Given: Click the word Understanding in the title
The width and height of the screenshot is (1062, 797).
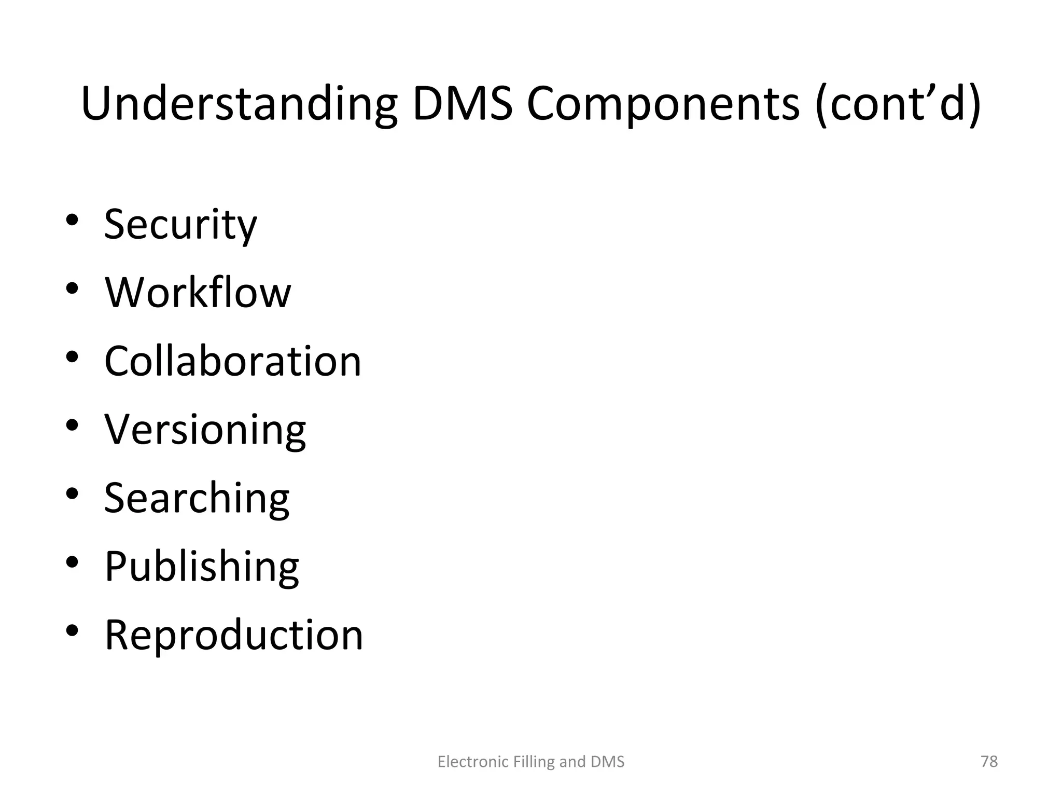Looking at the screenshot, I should [x=239, y=104].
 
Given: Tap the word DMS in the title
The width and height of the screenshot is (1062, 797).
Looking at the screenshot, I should [x=463, y=104].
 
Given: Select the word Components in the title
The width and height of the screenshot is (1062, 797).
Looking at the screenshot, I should [x=663, y=104].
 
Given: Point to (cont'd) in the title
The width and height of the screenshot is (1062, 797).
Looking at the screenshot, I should [x=898, y=104].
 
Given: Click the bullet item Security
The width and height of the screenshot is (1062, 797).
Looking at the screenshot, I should [x=180, y=224].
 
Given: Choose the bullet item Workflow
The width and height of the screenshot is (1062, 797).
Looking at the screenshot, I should [x=198, y=293].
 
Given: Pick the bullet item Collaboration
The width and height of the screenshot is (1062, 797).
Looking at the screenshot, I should [x=233, y=361].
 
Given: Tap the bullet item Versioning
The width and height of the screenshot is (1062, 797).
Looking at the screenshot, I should [x=205, y=430].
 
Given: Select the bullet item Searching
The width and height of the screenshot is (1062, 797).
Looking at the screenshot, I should [x=197, y=498].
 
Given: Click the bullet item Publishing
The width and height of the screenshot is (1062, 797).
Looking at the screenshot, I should [x=202, y=566].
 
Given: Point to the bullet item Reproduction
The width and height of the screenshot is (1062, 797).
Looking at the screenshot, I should [x=234, y=635].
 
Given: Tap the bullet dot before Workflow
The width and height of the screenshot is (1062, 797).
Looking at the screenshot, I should [x=72, y=288].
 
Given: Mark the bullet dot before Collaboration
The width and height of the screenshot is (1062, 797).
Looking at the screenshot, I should [x=72, y=357].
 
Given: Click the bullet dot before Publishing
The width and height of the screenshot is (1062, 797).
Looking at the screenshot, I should [x=72, y=562].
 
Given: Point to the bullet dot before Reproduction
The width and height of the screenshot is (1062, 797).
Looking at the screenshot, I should [x=72, y=630].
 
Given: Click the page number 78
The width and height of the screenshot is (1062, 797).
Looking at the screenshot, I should [x=989, y=761].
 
